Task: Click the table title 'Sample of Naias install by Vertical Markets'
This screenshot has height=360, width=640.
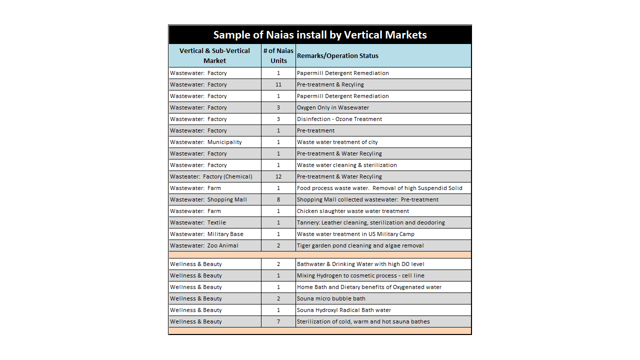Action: click(320, 35)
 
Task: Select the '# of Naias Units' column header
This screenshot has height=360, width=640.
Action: click(278, 55)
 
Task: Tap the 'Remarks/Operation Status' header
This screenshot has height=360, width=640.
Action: click(337, 55)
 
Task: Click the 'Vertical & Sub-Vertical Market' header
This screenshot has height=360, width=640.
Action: click(214, 55)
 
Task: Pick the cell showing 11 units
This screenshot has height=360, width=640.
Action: click(278, 84)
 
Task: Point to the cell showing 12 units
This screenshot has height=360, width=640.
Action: click(278, 176)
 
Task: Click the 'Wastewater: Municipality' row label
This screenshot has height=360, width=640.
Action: click(206, 142)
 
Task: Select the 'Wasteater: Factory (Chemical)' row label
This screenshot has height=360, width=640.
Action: click(211, 176)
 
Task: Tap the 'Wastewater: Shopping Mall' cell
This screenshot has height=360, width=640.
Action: click(208, 199)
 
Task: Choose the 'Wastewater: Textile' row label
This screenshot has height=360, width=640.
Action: click(198, 222)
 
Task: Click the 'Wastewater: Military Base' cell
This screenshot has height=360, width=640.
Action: click(207, 234)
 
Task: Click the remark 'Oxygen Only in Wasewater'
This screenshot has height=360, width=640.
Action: click(333, 107)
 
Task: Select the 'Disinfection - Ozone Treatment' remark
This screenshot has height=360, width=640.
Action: click(339, 119)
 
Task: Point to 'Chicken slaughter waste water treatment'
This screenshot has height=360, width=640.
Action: click(353, 211)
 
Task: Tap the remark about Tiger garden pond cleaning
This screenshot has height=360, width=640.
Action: click(360, 245)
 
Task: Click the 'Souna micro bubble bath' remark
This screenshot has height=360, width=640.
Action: click(331, 298)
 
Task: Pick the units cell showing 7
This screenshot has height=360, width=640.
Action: click(278, 321)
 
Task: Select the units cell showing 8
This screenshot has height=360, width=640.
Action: click(278, 199)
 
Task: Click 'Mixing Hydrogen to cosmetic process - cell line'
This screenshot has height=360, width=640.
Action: click(360, 275)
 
